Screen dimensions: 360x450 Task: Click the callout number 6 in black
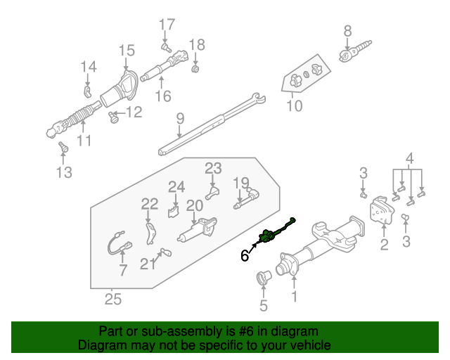[245, 257]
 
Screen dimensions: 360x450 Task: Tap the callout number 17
[167, 25]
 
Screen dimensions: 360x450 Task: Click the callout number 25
[112, 300]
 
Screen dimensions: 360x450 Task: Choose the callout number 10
[294, 107]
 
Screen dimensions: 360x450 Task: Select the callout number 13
[64, 172]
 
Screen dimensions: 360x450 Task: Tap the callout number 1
[294, 297]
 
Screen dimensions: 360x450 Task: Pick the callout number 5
[264, 306]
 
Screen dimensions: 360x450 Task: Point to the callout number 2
[384, 245]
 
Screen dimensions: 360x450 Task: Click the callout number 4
[409, 158]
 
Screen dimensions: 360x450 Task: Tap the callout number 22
[149, 204]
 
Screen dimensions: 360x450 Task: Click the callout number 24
[176, 187]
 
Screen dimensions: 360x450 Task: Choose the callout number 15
[126, 50]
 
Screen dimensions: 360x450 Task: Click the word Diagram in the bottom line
[98, 346]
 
